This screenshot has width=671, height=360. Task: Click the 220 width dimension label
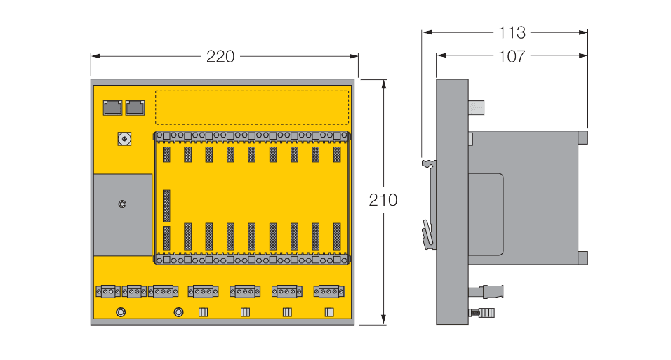tap(220, 57)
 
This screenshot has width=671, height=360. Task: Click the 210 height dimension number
tap(383, 200)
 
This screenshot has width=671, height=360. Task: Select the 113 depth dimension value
tap(512, 32)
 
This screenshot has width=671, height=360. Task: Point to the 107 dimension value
tap(512, 56)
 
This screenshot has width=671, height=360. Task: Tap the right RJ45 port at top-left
tap(134, 107)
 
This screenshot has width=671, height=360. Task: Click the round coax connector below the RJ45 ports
tap(124, 139)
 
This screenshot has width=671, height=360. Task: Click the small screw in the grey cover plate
tap(123, 204)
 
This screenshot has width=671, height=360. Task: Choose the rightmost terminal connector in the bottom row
tap(328, 291)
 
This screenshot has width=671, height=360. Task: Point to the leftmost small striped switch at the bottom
tap(203, 312)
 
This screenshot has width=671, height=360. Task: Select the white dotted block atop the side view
tap(478, 107)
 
